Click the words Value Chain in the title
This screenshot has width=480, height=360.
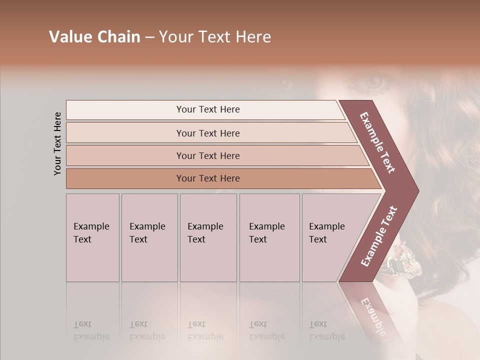tap(94, 37)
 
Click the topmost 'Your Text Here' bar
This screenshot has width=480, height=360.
tap(207, 109)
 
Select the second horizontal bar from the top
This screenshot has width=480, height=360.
tap(207, 133)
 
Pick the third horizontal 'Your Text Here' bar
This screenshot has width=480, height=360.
tap(207, 155)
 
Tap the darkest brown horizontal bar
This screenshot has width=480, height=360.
tap(207, 178)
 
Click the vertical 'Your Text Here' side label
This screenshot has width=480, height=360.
tap(57, 143)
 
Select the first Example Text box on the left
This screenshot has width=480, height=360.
tap(92, 237)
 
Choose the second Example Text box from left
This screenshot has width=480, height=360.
tap(149, 237)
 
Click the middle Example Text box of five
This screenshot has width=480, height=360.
tap(208, 237)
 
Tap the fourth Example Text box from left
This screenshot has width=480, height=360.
tap(269, 237)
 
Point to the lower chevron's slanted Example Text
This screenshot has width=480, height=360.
tap(378, 236)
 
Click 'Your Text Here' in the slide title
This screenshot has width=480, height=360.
tap(215, 37)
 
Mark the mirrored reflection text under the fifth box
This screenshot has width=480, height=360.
tap(326, 330)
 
